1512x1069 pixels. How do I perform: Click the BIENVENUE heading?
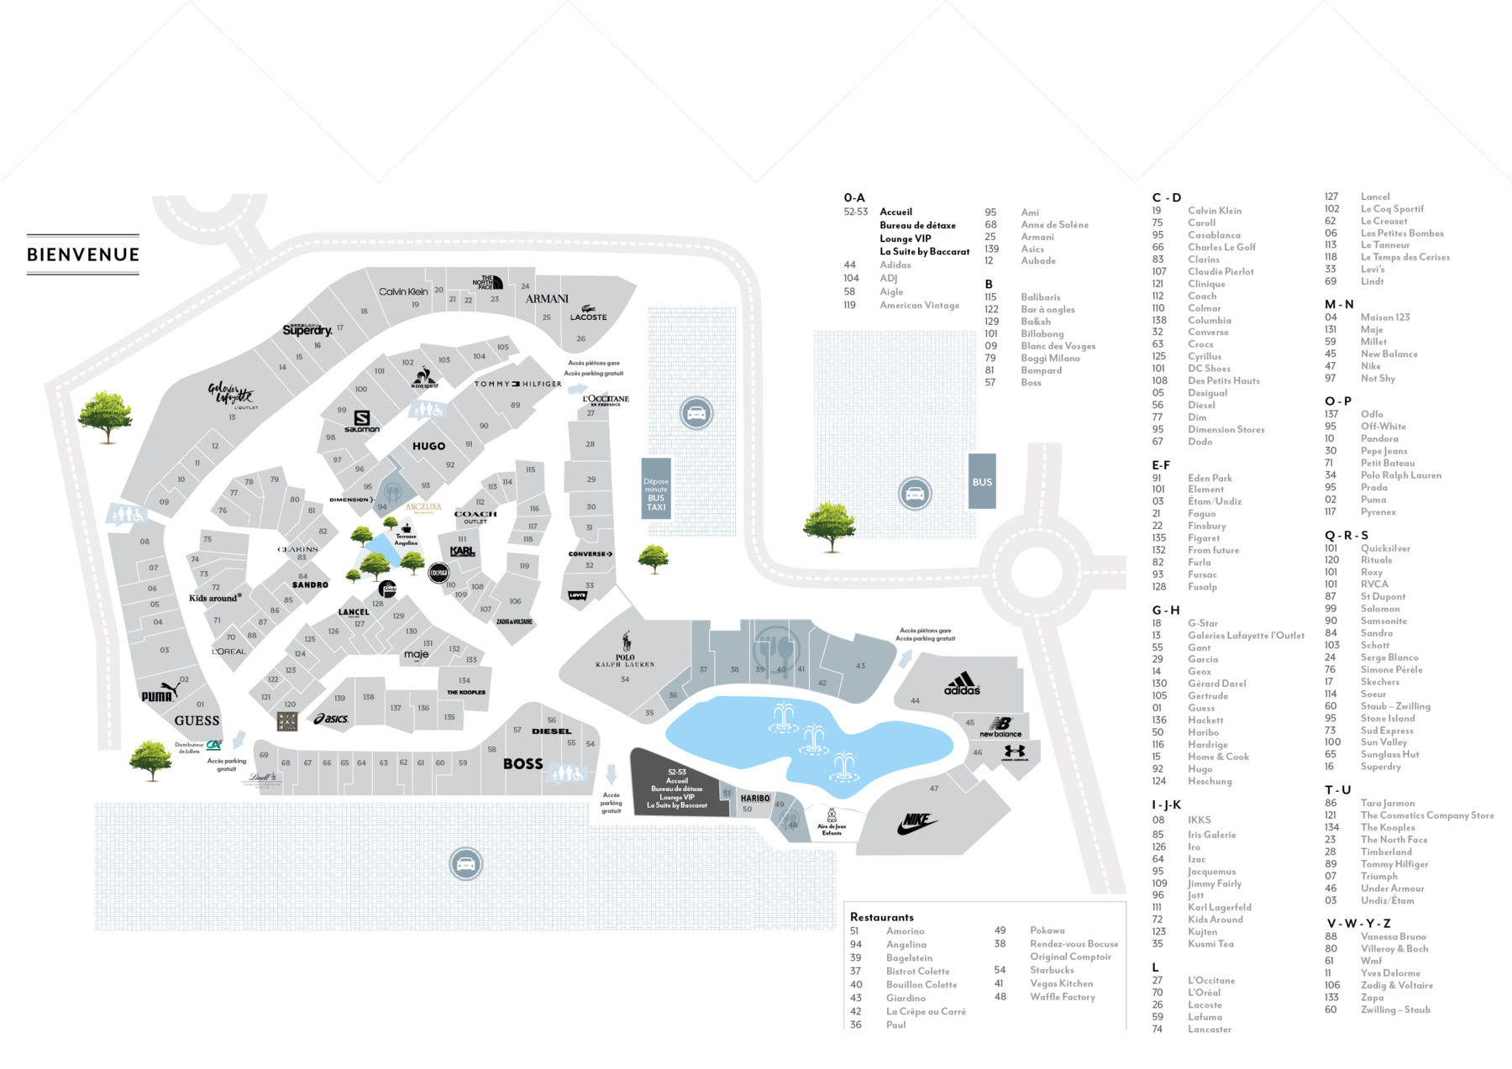pos(83,254)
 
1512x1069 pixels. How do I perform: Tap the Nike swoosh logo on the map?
pos(916,824)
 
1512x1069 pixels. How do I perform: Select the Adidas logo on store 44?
pos(962,684)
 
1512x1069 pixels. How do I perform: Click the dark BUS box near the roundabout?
pos(982,482)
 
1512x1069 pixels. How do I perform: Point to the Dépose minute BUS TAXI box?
pos(656,489)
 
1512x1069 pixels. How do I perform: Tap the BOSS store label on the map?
pos(522,763)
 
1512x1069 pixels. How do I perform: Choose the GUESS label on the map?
pos(197,721)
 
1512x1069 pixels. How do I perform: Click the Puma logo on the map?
pos(160,694)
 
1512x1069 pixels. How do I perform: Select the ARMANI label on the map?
pos(547,299)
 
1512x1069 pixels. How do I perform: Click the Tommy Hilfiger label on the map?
pos(517,384)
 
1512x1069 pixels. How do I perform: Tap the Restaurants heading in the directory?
pos(881,917)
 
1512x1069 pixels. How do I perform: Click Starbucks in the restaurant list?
pos(1052,970)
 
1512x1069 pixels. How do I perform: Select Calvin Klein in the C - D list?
pos(1214,211)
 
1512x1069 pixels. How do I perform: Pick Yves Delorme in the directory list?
pos(1390,973)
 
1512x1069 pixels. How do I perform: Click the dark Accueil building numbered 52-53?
pos(675,786)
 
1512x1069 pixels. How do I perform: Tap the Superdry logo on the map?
pos(307,330)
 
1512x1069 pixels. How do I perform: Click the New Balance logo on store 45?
pos(1000,726)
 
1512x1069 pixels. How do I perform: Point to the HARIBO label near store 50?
pos(755,799)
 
